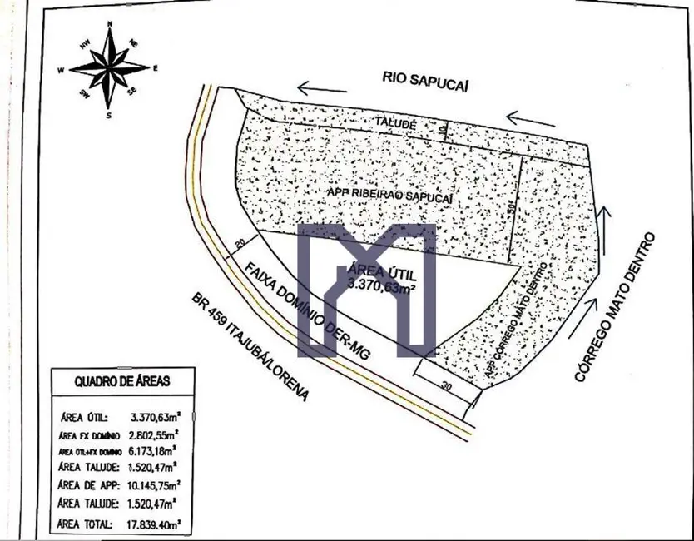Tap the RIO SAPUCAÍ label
pos(422,77)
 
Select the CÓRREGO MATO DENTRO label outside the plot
pos(616,307)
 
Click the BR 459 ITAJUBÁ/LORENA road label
pos(249,346)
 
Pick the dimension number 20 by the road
pos(240,242)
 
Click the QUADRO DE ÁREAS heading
pos(122,381)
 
